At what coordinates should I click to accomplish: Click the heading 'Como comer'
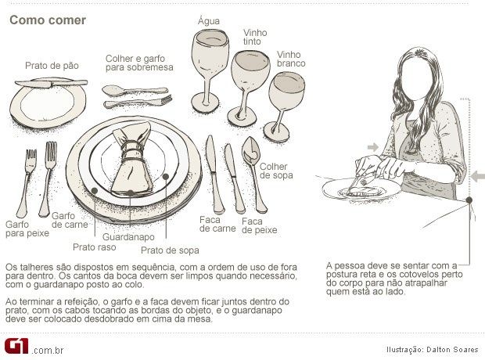48,20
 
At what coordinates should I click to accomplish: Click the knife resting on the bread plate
51,83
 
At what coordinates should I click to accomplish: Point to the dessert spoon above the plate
135,91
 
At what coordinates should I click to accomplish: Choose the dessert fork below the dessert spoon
138,102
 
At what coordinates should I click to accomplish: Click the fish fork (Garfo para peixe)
27,183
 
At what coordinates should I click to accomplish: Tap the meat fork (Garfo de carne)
48,178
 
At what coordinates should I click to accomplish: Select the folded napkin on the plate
132,159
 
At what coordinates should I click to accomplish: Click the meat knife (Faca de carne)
214,175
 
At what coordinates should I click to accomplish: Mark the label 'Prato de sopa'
170,250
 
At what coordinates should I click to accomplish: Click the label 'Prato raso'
95,247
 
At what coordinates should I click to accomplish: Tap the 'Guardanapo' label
128,237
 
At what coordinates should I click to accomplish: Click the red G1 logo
16,346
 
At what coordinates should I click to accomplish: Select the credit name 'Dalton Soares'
452,350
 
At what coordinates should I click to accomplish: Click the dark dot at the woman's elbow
469,200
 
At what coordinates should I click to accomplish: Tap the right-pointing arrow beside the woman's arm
373,147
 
